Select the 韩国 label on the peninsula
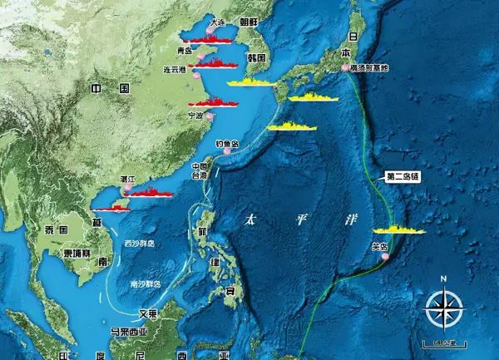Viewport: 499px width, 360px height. tap(255, 58)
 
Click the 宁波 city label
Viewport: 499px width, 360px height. tap(195, 116)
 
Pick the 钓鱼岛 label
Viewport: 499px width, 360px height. tap(227, 143)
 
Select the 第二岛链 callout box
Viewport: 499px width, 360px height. tap(405, 176)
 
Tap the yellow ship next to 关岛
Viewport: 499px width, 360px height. tap(399, 229)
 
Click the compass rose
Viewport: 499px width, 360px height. tap(443, 308)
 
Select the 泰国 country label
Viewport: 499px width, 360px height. tap(57, 229)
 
